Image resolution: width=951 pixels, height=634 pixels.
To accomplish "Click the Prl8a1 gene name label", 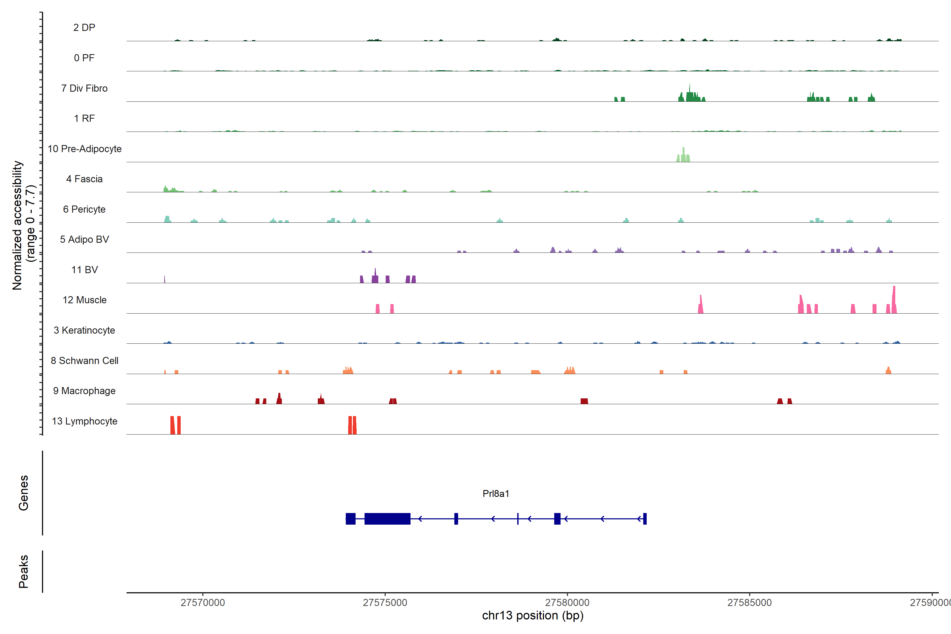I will tap(496, 494).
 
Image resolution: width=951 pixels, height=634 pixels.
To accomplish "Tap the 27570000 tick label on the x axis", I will tap(203, 603).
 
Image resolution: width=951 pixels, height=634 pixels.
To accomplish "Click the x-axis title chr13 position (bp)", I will tap(533, 616).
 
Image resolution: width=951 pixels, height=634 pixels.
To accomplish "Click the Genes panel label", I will tap(24, 493).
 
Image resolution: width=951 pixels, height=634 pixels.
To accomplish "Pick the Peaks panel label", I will tap(24, 571).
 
